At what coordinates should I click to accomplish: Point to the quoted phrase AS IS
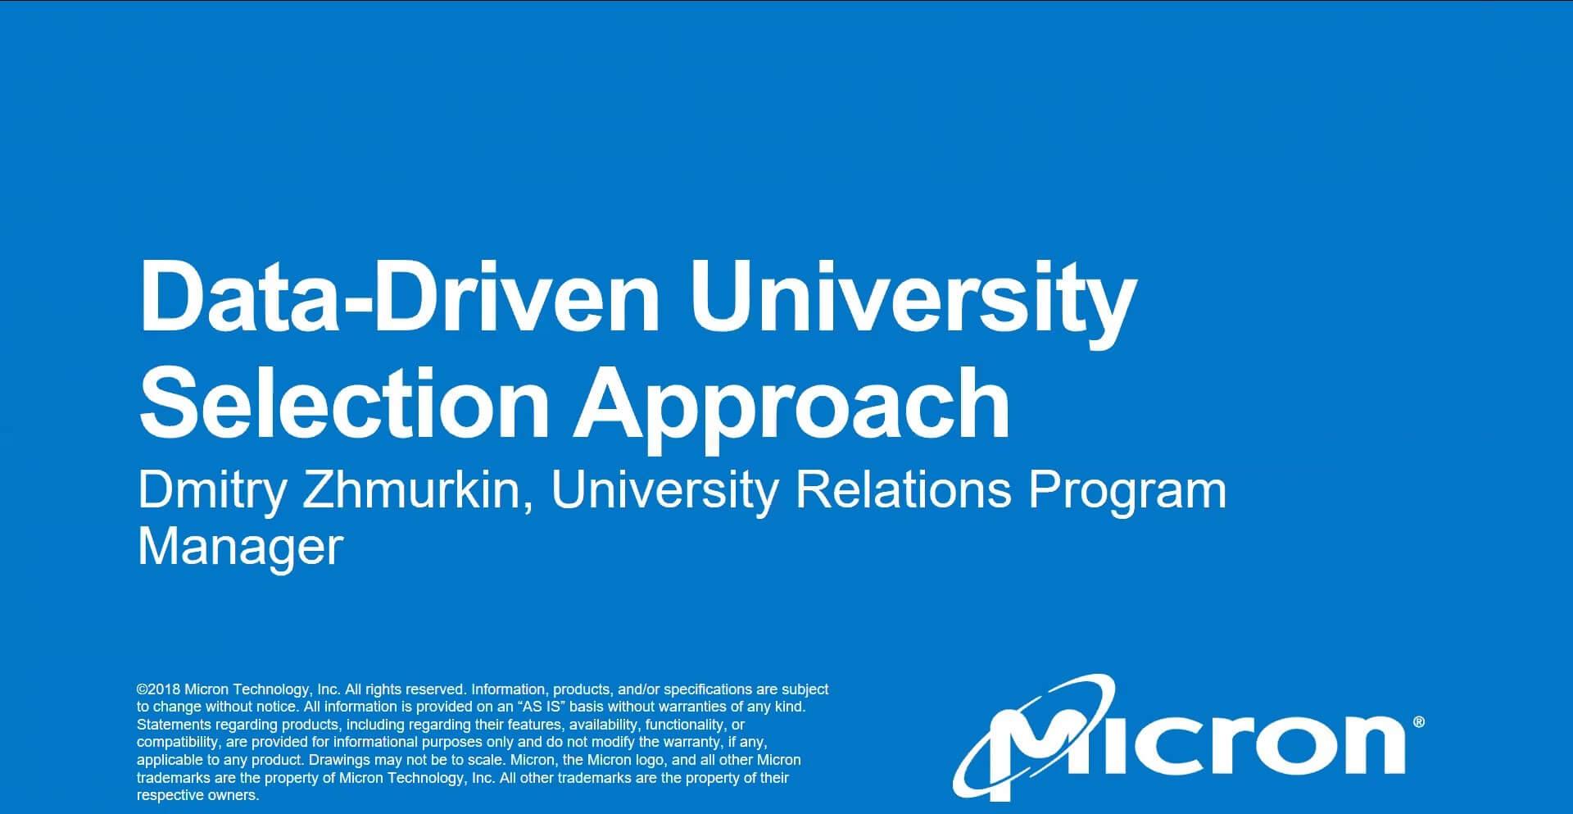pos(543,707)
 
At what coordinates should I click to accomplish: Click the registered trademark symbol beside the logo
pos(1419,722)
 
